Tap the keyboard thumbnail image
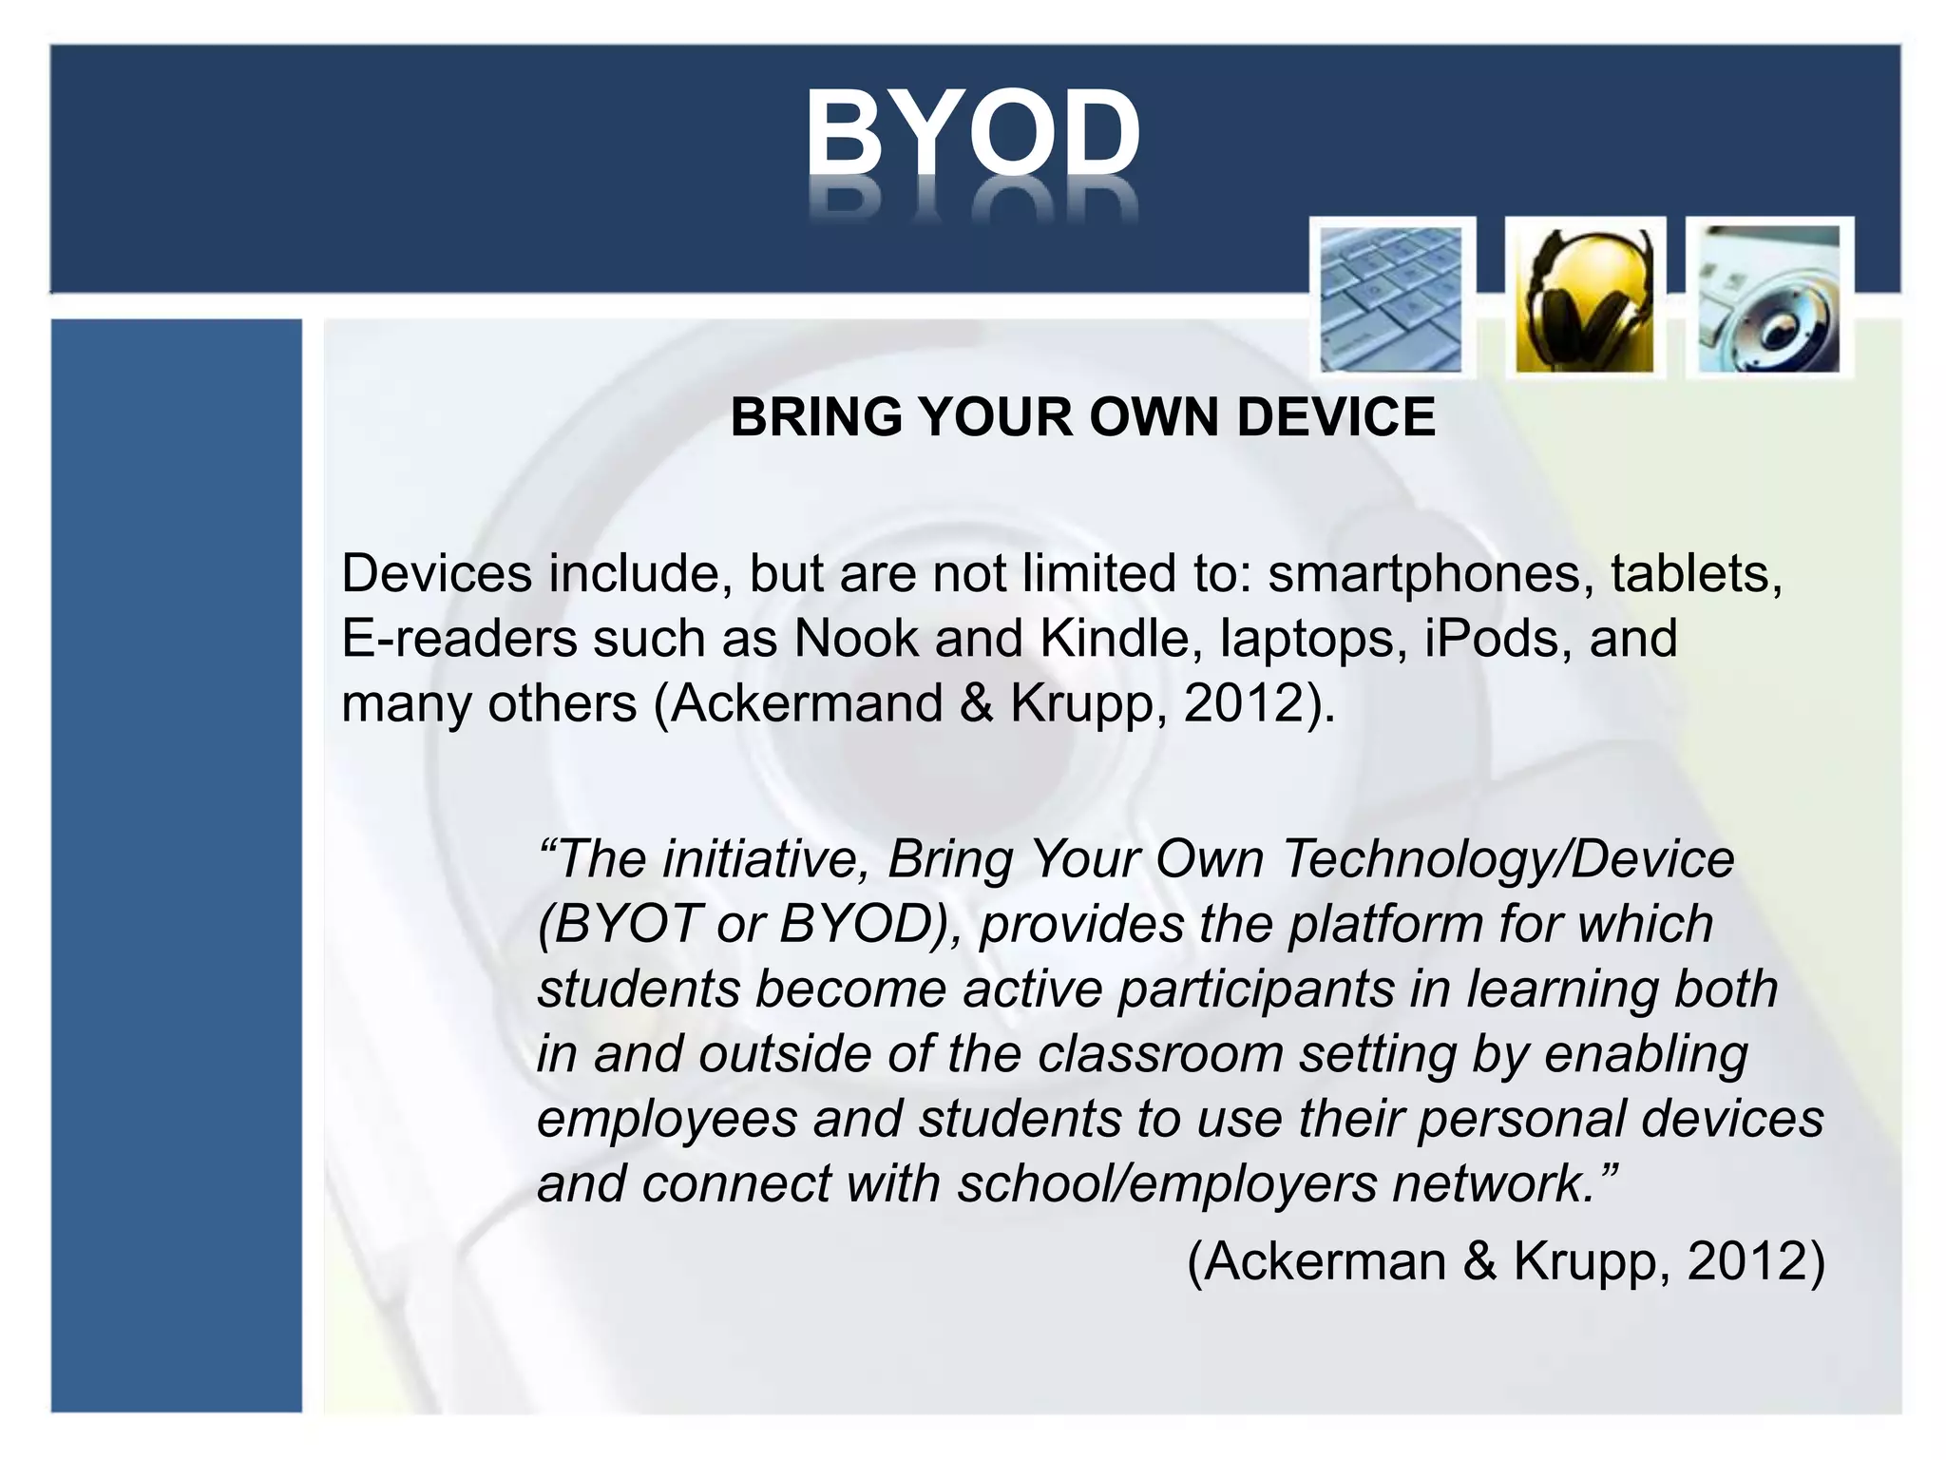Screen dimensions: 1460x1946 coord(1391,298)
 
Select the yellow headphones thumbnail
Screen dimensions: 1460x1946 coord(1584,298)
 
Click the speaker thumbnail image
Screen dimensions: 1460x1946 coord(1768,298)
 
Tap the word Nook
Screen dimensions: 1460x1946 coord(855,639)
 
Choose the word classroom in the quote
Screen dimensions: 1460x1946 coord(1160,1054)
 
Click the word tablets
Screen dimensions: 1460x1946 coord(1696,574)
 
